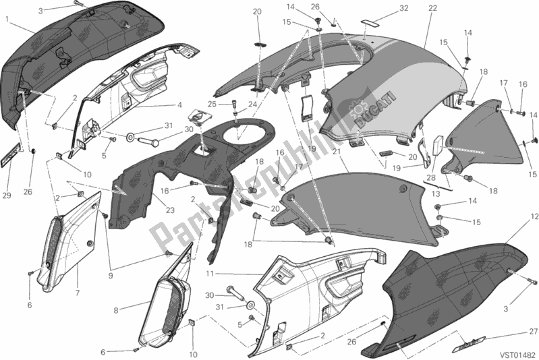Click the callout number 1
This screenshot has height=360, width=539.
pyautogui.click(x=7, y=20)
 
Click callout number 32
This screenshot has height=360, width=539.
pyautogui.click(x=404, y=8)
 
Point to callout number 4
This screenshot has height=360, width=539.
pyautogui.click(x=180, y=105)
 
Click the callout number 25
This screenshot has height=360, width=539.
pyautogui.click(x=211, y=104)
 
